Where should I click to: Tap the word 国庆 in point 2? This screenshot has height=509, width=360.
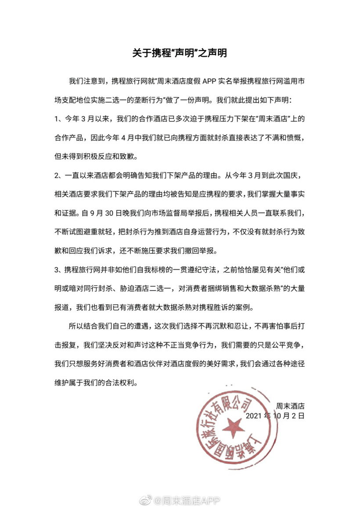click(x=293, y=175)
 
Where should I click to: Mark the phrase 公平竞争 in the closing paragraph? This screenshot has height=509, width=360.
click(x=289, y=344)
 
